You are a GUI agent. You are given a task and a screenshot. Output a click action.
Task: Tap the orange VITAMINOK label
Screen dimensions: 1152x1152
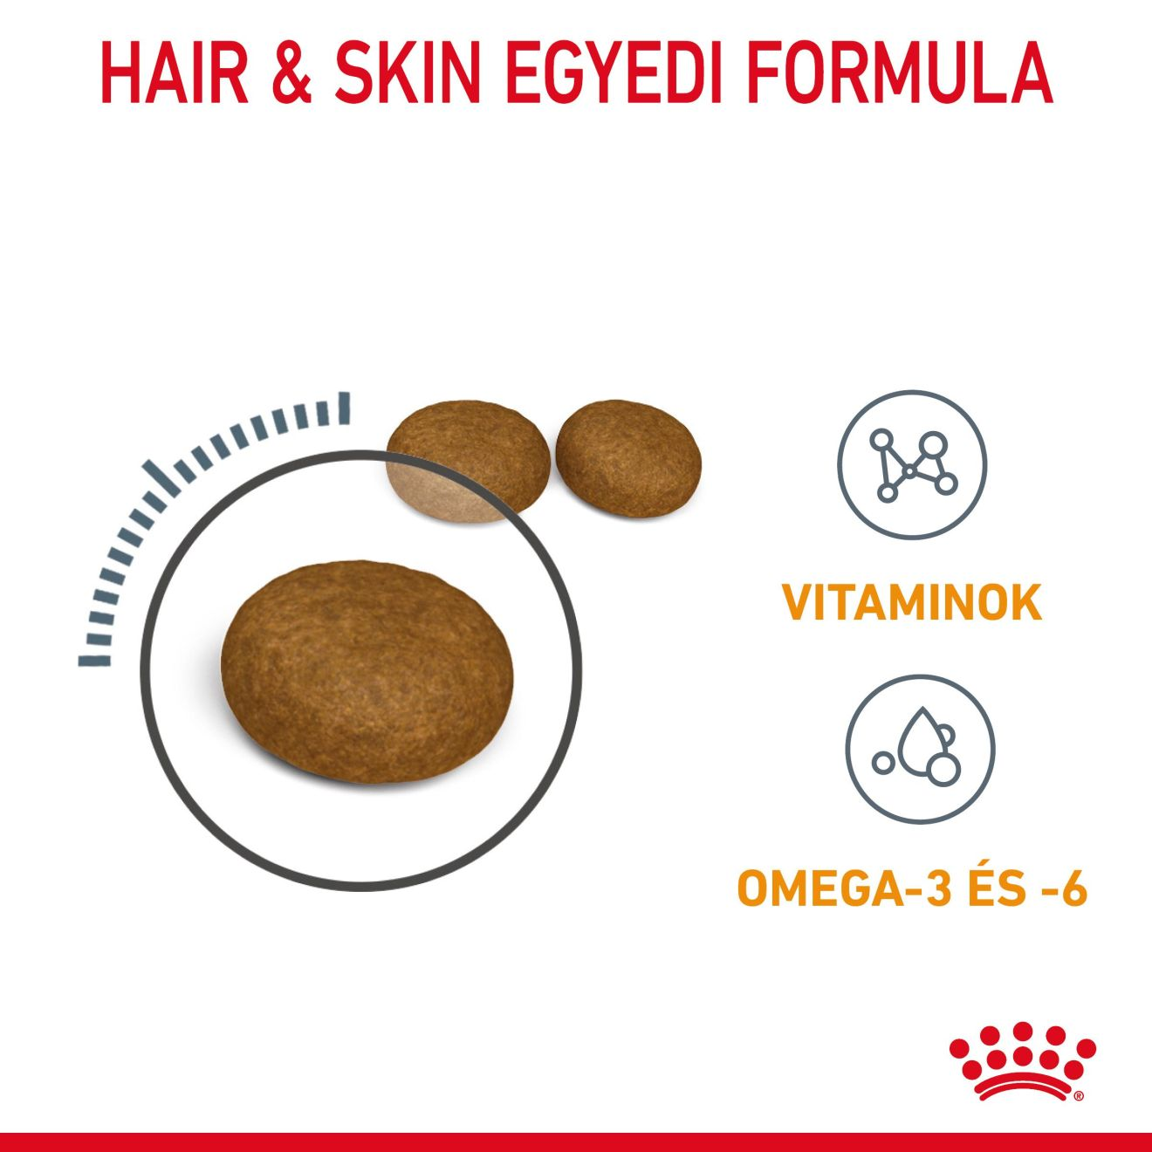tap(912, 603)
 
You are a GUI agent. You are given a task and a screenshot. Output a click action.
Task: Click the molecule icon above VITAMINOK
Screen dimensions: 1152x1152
tap(912, 464)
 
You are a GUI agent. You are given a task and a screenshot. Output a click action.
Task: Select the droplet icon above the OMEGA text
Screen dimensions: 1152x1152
tap(919, 749)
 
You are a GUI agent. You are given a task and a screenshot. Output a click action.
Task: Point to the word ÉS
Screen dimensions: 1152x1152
tap(997, 888)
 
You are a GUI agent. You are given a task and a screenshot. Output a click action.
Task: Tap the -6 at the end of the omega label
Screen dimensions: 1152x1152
tap(1066, 888)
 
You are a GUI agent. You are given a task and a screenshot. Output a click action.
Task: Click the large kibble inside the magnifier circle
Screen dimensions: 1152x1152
tap(367, 672)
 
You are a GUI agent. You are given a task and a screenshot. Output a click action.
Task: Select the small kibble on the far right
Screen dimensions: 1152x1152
tap(628, 458)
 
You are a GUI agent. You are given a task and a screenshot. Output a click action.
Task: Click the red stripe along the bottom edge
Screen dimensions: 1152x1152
tap(576, 1142)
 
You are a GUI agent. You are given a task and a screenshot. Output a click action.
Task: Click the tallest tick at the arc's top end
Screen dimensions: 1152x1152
tap(345, 408)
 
